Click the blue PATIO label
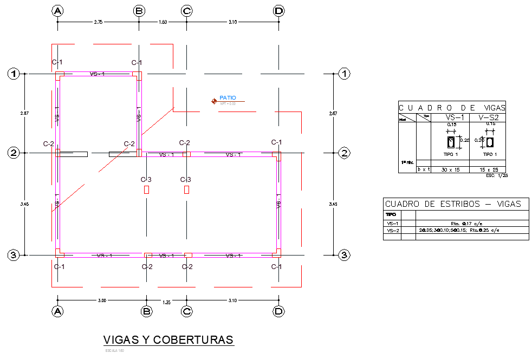click(228, 98)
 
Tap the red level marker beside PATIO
click(215, 101)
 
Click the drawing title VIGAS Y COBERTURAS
click(168, 340)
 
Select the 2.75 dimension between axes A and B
click(98, 22)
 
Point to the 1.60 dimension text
click(163, 22)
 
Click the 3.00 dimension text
click(102, 300)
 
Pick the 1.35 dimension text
click(166, 303)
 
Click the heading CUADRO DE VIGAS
click(452, 108)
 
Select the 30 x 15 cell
click(450, 170)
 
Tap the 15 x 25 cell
click(488, 170)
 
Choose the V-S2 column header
click(488, 117)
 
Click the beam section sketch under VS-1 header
click(451, 142)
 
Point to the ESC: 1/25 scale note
click(497, 175)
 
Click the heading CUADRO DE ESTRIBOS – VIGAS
click(452, 204)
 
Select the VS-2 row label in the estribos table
click(393, 231)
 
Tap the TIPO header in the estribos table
click(391, 214)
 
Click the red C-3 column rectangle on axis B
click(146, 189)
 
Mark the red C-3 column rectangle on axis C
click(186, 189)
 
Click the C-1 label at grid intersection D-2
click(276, 142)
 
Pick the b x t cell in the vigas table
click(423, 170)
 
